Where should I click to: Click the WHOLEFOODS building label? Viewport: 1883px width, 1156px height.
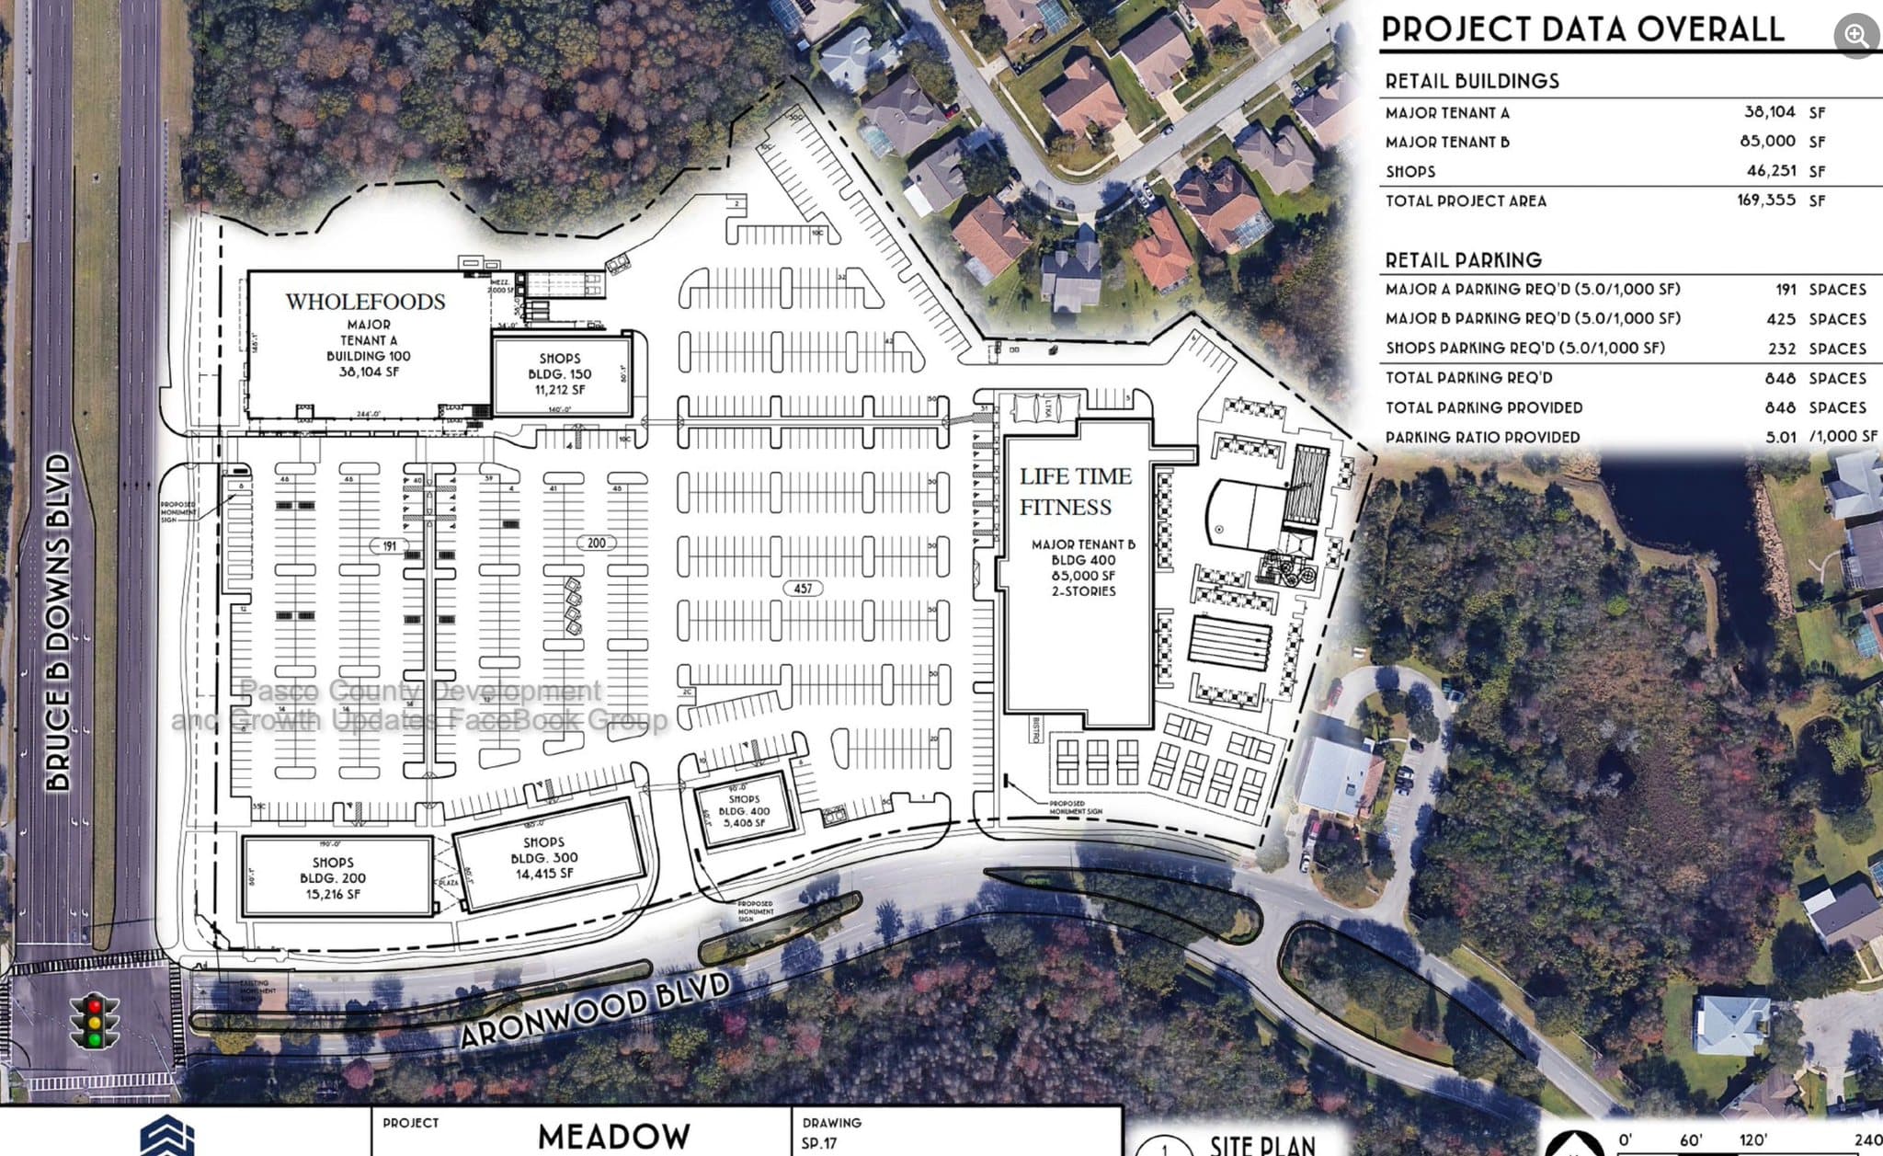[x=365, y=302]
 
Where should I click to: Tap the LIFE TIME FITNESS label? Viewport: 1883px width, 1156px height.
[x=1075, y=492]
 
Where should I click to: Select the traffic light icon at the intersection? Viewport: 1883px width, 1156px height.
[x=94, y=1021]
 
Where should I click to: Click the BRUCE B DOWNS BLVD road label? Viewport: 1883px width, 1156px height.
[x=59, y=622]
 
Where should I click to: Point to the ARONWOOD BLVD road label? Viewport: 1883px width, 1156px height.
[x=594, y=1011]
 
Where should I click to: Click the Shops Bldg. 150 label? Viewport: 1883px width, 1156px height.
[x=559, y=373]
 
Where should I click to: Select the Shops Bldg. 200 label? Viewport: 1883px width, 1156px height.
[x=332, y=877]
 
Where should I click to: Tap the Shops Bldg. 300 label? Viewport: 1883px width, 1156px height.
[x=544, y=857]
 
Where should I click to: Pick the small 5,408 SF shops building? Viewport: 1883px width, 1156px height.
[x=744, y=811]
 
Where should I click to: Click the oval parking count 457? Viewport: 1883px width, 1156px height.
[x=803, y=589]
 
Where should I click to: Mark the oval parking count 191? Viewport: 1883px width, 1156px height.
[x=389, y=546]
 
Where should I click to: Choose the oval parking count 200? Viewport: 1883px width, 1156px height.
[x=596, y=544]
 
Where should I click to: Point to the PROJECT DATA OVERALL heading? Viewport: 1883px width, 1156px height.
[x=1581, y=29]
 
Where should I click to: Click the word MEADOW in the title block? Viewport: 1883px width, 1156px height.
[x=613, y=1137]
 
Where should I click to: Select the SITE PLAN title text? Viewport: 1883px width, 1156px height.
[x=1261, y=1145]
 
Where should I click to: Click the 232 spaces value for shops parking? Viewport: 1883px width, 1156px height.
[x=1781, y=349]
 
